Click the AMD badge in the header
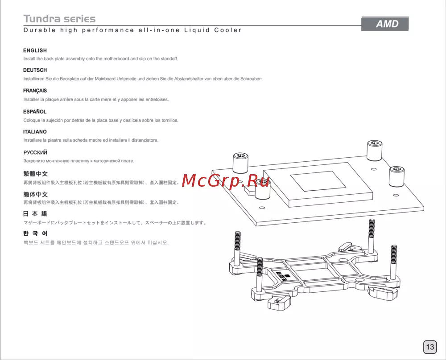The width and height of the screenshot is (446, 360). pyautogui.click(x=385, y=24)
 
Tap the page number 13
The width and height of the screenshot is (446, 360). pyautogui.click(x=430, y=347)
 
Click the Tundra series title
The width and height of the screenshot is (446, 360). pyautogui.click(x=59, y=19)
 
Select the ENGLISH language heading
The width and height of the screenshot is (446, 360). pyautogui.click(x=35, y=50)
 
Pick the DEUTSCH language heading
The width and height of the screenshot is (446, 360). pyautogui.click(x=35, y=70)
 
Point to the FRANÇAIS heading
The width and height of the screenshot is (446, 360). pyautogui.click(x=35, y=90)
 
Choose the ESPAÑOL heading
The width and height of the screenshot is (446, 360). pyautogui.click(x=35, y=111)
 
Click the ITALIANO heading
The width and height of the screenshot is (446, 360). pyautogui.click(x=35, y=131)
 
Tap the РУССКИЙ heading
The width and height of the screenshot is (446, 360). pyautogui.click(x=35, y=152)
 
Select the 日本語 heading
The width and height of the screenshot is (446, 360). pyautogui.click(x=35, y=214)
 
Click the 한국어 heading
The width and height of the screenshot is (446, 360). pyautogui.click(x=35, y=233)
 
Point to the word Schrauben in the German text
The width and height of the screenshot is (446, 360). pyautogui.click(x=252, y=79)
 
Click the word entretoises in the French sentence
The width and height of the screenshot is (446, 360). pyautogui.click(x=157, y=99)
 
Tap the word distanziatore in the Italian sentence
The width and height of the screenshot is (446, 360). pyautogui.click(x=145, y=140)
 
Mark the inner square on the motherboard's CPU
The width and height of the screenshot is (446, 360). pyautogui.click(x=318, y=181)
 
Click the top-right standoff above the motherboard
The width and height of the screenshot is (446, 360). pyautogui.click(x=374, y=150)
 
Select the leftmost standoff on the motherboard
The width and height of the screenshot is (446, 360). pyautogui.click(x=240, y=163)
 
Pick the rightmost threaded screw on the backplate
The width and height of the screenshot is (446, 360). pyautogui.click(x=394, y=262)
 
